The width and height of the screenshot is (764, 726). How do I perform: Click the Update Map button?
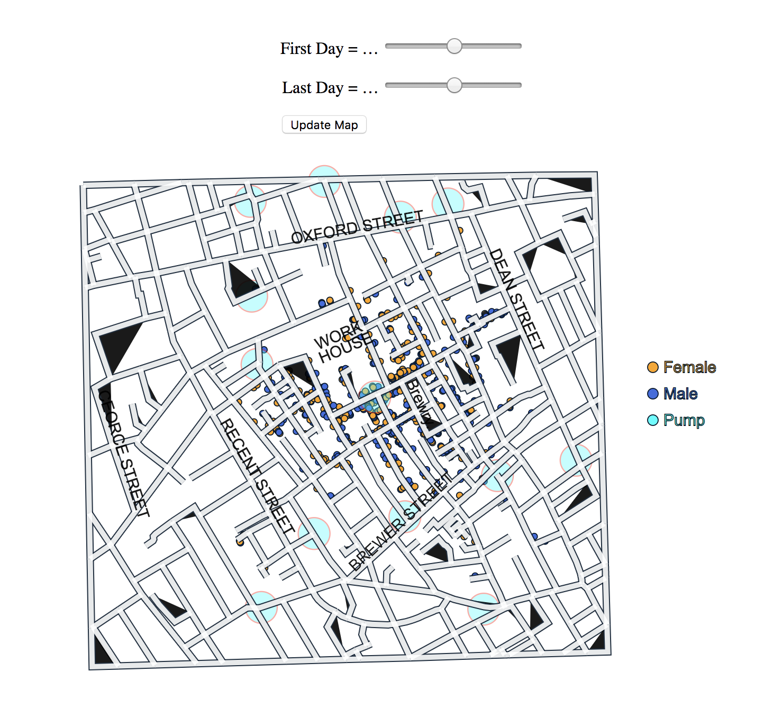[x=324, y=125]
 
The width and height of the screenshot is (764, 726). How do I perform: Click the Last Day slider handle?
[x=454, y=85]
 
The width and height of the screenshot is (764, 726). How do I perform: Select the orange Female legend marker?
[x=652, y=367]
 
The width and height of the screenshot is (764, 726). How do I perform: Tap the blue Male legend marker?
[x=652, y=394]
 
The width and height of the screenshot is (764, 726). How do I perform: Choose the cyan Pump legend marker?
[x=652, y=420]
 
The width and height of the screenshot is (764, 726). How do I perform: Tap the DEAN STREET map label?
[x=516, y=300]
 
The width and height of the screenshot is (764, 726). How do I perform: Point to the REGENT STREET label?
[x=257, y=476]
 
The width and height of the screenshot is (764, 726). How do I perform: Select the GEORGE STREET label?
[x=124, y=453]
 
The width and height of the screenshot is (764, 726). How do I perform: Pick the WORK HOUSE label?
[x=341, y=344]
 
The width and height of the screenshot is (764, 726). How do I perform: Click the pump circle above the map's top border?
[x=324, y=180]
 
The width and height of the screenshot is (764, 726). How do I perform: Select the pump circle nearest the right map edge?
[x=576, y=460]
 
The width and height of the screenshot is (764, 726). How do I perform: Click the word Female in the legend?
[x=689, y=367]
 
